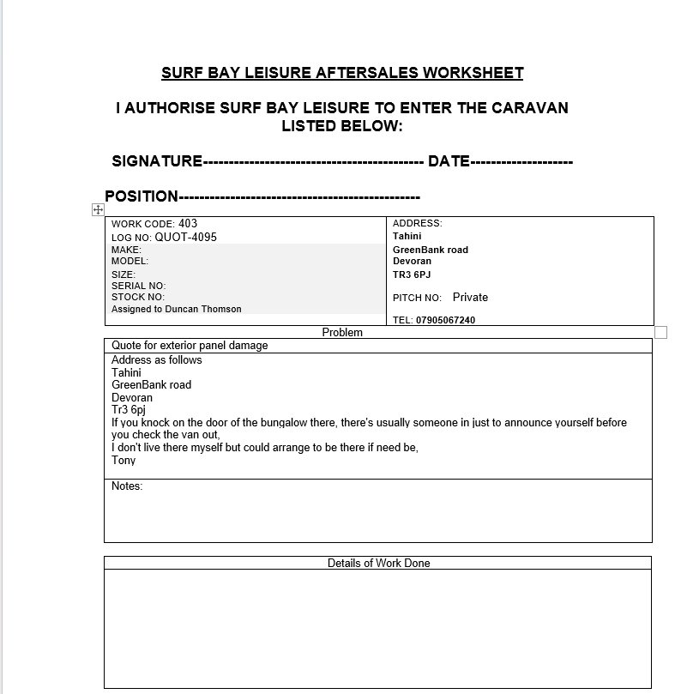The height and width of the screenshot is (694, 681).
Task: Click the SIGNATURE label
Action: (157, 161)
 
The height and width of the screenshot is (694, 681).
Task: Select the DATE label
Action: (449, 161)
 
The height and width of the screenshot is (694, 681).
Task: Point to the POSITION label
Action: (142, 196)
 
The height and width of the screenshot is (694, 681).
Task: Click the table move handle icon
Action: (98, 210)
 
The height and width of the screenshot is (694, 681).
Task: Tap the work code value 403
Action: (188, 224)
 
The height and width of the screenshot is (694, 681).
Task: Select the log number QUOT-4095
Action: (186, 237)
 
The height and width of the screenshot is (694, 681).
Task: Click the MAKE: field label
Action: (126, 250)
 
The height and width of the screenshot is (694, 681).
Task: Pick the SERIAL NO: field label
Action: (138, 286)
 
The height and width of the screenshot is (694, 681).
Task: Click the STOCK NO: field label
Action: (137, 297)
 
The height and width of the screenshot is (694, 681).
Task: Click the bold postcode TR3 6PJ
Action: (412, 275)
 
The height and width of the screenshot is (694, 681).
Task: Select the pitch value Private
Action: (470, 298)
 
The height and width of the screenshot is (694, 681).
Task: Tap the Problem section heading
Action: (342, 332)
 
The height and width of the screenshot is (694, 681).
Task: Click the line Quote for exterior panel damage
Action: (190, 346)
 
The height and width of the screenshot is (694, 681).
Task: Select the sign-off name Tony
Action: (124, 461)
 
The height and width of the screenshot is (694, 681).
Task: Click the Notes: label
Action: (127, 486)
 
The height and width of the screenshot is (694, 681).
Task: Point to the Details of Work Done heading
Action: (378, 564)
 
